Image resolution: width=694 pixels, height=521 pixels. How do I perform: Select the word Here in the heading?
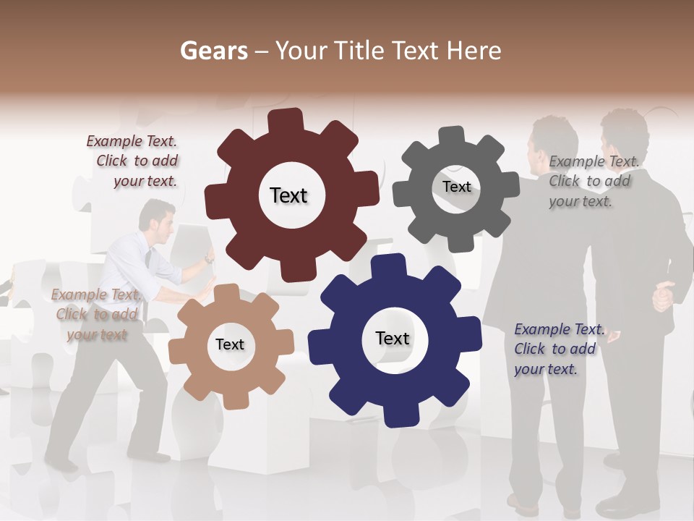[474, 51]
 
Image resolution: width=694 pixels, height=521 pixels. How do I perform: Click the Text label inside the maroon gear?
[288, 195]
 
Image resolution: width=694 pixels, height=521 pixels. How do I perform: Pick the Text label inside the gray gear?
[456, 187]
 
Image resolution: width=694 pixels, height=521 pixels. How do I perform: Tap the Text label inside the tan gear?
[230, 344]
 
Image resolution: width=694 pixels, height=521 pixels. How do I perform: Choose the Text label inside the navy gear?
[393, 338]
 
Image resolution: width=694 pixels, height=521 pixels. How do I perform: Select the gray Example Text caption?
[592, 182]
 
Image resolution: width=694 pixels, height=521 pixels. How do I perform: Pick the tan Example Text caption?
[95, 315]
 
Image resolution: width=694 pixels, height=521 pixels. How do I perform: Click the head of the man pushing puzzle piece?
[155, 218]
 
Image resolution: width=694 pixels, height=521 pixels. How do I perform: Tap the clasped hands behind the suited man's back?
[664, 296]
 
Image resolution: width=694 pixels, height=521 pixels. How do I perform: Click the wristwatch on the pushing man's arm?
[208, 258]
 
